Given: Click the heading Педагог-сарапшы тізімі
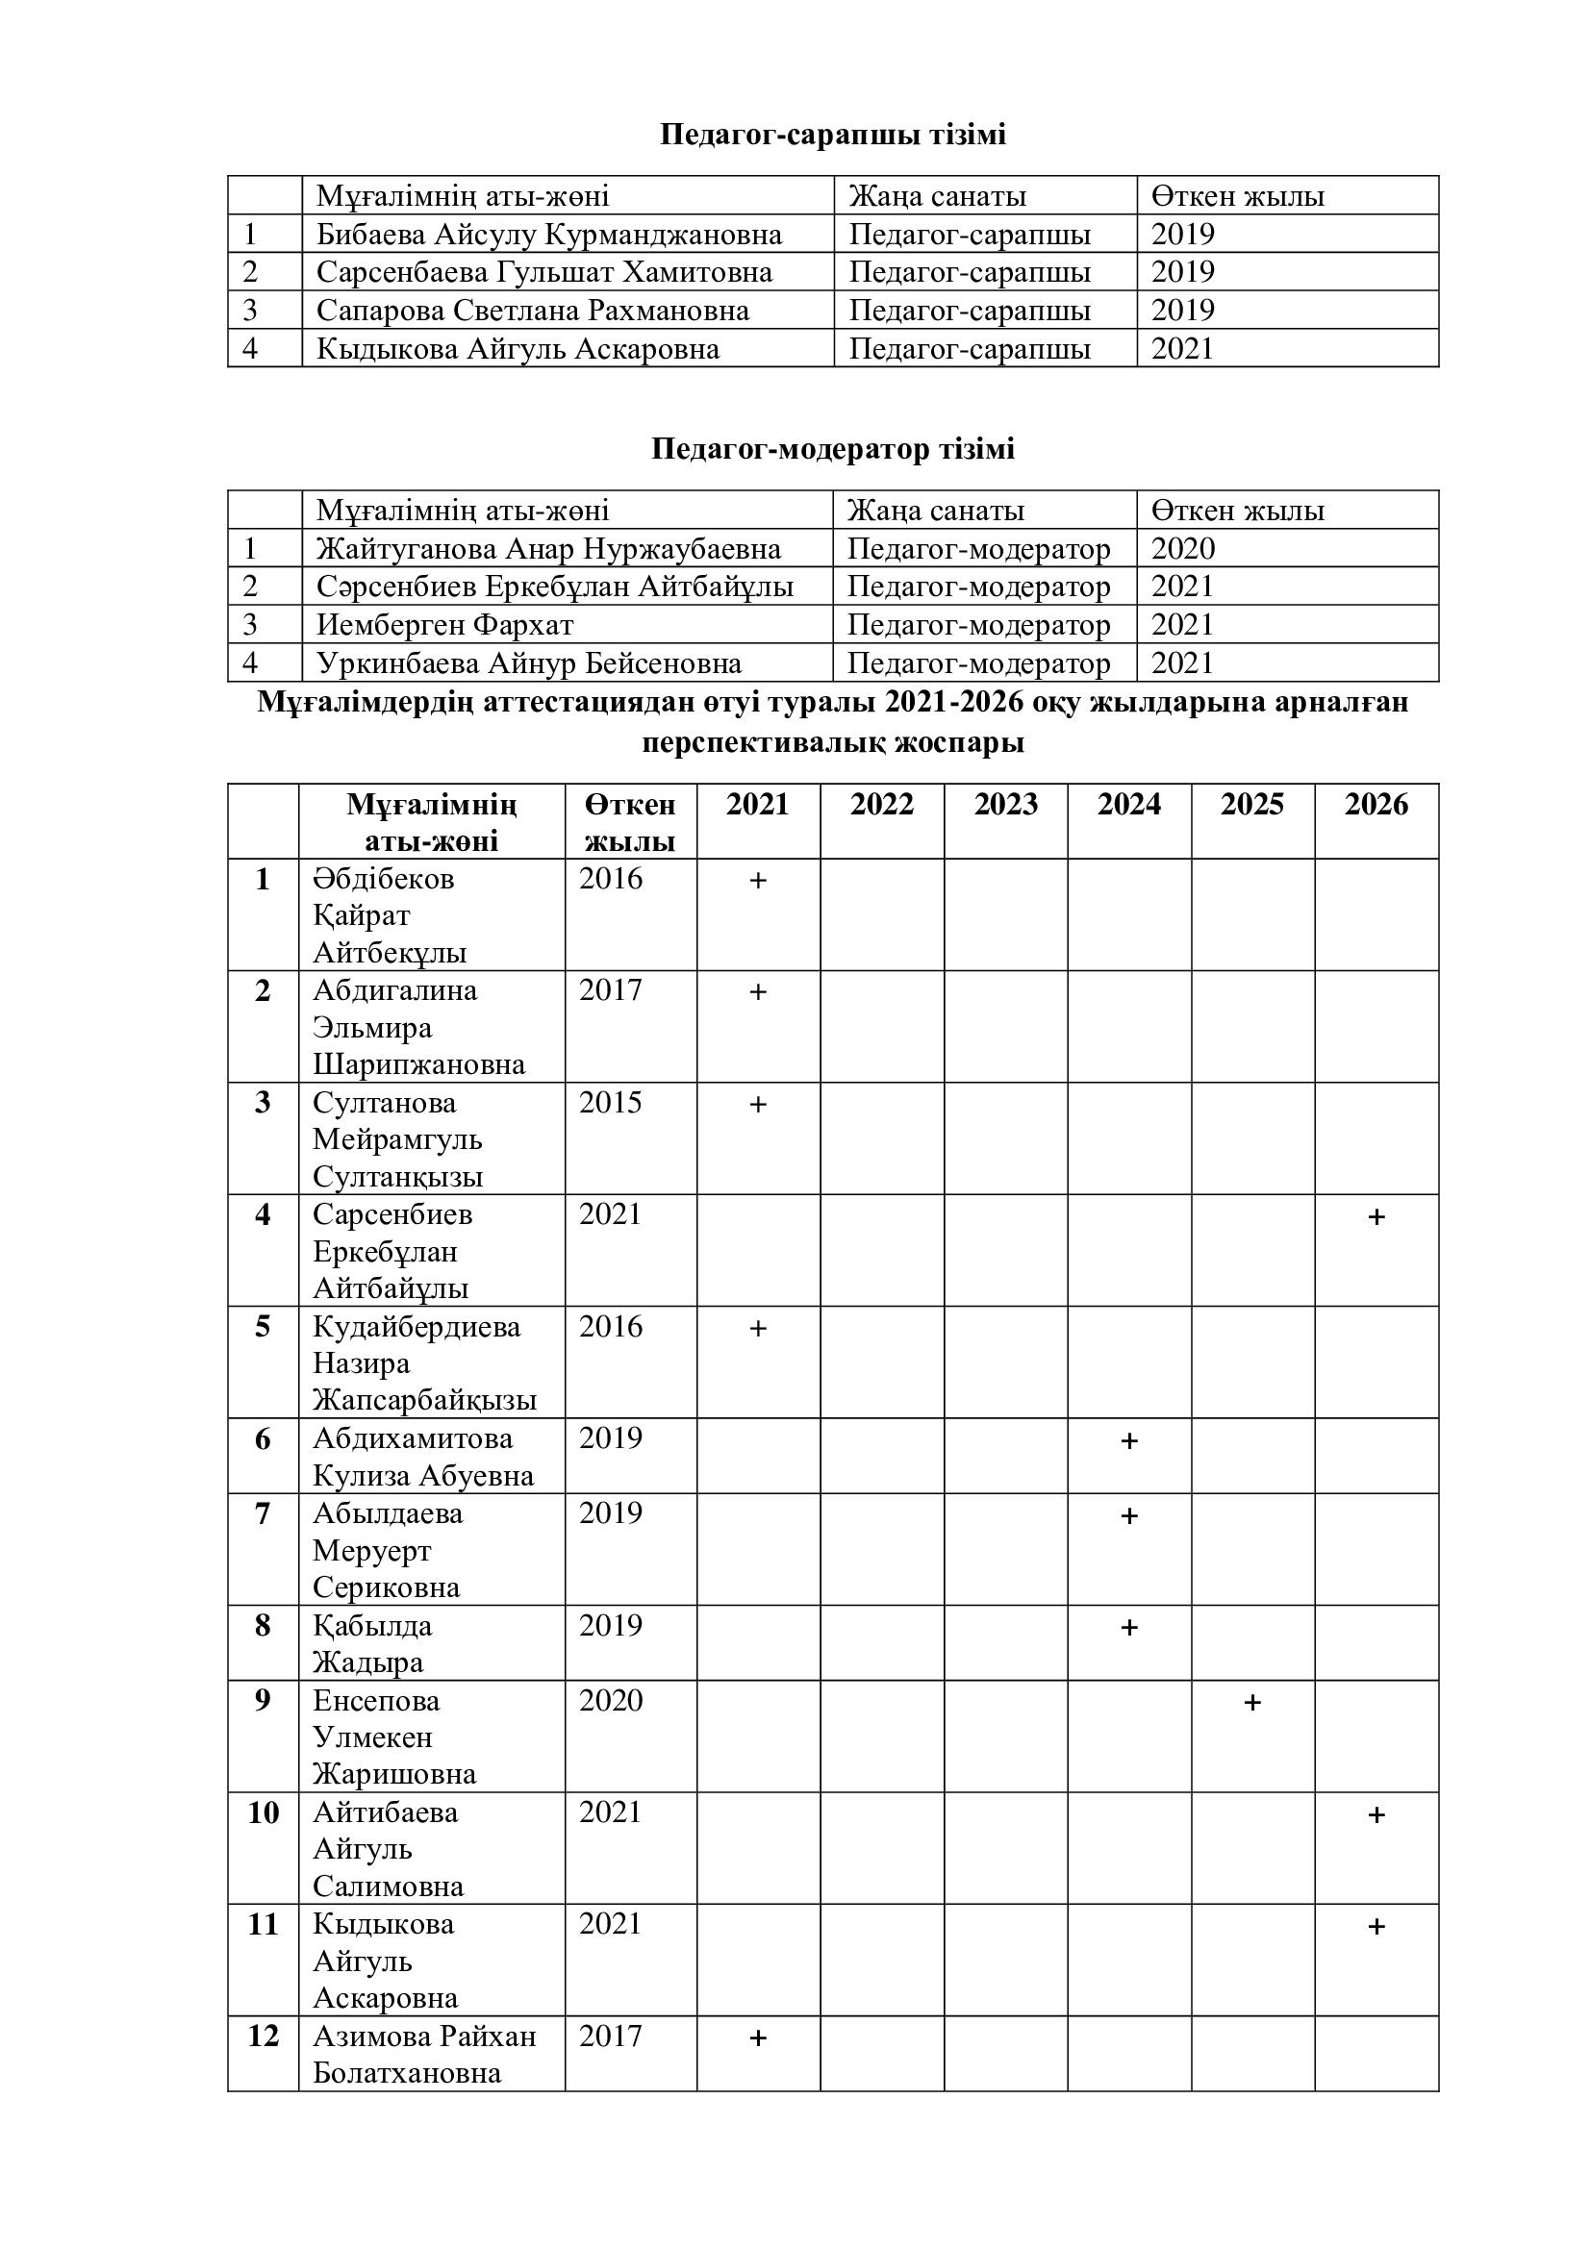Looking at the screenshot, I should pyautogui.click(x=833, y=135).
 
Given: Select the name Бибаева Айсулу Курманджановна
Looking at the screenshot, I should pyautogui.click(x=548, y=234).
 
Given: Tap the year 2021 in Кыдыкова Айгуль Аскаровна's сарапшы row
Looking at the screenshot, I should pyautogui.click(x=1182, y=349).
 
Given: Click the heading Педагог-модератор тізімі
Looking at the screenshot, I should pyautogui.click(x=833, y=449).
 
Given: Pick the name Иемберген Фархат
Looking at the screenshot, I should pyautogui.click(x=444, y=625).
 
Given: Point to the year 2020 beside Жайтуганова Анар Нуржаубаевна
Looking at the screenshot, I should pyautogui.click(x=1182, y=548).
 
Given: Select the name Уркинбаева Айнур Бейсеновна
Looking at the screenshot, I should pyautogui.click(x=529, y=664).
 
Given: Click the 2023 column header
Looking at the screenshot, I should pyautogui.click(x=1005, y=804).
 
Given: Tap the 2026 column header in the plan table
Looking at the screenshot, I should pyautogui.click(x=1376, y=804).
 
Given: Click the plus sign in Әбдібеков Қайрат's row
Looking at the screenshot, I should pyautogui.click(x=757, y=881).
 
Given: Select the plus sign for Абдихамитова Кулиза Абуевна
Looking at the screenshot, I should pyautogui.click(x=1128, y=1441).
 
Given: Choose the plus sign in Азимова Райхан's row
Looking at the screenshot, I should pyautogui.click(x=757, y=2038).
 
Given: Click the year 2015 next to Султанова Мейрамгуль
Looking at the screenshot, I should pyautogui.click(x=611, y=1103).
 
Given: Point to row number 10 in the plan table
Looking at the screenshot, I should pyautogui.click(x=263, y=1813).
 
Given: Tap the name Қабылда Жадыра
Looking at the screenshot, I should pyautogui.click(x=372, y=1644).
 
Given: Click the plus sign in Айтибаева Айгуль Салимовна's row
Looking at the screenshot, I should pyautogui.click(x=1376, y=1815).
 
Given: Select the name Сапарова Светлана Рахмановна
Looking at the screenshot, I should pyautogui.click(x=532, y=311).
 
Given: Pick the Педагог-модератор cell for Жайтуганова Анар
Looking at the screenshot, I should pyautogui.click(x=977, y=548).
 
